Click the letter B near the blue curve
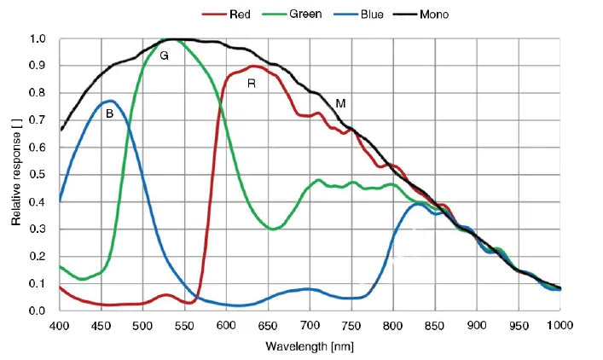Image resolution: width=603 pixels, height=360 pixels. click(108, 113)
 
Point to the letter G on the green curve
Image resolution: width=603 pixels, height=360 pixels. click(164, 55)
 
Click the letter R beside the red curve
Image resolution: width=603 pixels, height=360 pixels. click(251, 83)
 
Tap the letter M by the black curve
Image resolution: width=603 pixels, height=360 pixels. click(340, 103)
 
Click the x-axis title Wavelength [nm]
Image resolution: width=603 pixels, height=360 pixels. click(309, 346)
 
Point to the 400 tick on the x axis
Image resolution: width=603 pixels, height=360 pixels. click(60, 325)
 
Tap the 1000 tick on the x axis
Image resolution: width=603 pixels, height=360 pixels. click(560, 325)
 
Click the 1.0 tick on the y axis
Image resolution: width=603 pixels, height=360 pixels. click(38, 39)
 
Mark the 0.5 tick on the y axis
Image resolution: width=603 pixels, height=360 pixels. click(38, 175)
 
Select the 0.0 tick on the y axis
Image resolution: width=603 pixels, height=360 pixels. click(38, 311)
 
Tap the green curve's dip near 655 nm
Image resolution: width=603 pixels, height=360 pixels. click(273, 229)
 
